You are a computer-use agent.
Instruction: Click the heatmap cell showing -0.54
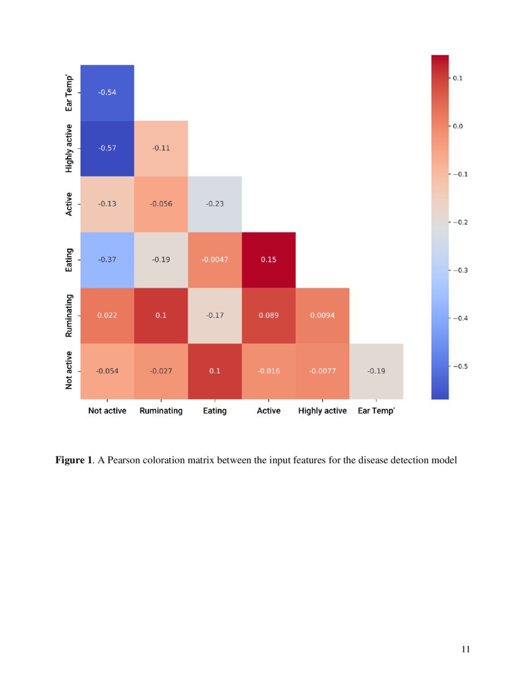[107, 93]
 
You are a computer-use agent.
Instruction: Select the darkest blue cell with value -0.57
[107, 148]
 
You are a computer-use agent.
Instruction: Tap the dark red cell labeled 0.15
[268, 259]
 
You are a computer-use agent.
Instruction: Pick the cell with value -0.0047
[215, 259]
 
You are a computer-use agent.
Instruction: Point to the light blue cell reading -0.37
[107, 259]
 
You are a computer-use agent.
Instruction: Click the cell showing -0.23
[215, 204]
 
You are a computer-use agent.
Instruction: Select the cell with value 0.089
[268, 315]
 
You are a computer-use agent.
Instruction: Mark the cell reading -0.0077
[322, 371]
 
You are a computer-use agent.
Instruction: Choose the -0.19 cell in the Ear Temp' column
[376, 371]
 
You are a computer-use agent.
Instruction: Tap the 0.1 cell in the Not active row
[215, 371]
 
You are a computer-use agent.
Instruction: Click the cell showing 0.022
[107, 315]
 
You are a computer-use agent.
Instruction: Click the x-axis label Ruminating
[161, 411]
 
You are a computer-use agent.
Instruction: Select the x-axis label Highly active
[322, 411]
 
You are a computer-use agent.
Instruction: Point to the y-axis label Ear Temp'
[70, 93]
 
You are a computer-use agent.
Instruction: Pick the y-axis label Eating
[70, 259]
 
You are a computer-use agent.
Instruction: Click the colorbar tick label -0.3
[463, 270]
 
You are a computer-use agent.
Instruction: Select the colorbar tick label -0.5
[463, 366]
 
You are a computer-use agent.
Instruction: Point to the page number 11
[466, 650]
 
